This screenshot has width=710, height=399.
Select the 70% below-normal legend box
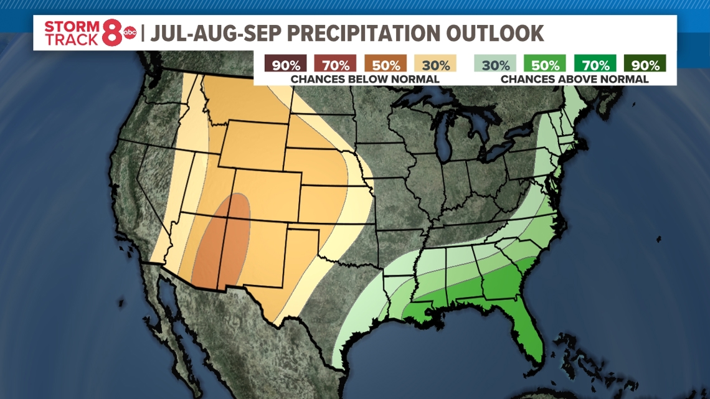click(x=336, y=64)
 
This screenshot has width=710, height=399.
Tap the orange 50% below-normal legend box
click(x=386, y=64)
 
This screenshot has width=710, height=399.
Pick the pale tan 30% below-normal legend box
click(x=435, y=64)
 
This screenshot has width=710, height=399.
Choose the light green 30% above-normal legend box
click(x=495, y=64)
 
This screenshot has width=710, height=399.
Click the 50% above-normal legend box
click(x=545, y=64)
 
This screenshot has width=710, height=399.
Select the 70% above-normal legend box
click(x=595, y=64)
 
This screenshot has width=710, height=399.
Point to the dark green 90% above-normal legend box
click(x=645, y=64)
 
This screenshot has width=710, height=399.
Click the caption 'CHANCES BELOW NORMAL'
click(x=365, y=79)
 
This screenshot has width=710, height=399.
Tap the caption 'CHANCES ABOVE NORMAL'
click(x=574, y=79)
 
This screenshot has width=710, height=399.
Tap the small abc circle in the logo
click(x=130, y=33)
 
